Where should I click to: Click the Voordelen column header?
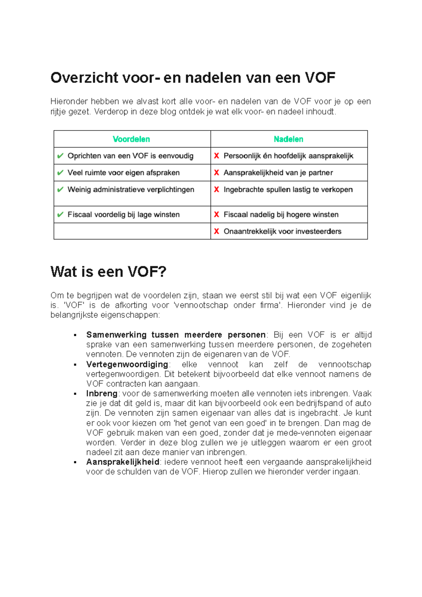point(131,139)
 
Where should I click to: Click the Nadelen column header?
point(288,139)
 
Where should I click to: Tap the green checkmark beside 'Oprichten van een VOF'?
point(60,156)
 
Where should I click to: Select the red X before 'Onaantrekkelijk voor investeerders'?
point(217,231)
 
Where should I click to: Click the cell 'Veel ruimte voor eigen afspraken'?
point(123,173)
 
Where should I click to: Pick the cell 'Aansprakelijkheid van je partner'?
point(278,173)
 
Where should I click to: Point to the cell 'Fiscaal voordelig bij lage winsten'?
point(123,214)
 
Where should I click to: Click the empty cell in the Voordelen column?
point(132,231)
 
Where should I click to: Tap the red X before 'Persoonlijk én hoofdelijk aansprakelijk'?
point(217,156)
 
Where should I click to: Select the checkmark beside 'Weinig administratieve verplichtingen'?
point(60,190)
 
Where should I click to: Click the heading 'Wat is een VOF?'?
point(108,272)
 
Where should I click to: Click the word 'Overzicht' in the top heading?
point(84,78)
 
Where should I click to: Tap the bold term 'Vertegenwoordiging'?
point(127,364)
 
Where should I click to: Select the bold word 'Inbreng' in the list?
point(102,393)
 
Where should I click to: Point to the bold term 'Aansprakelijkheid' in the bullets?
point(123,462)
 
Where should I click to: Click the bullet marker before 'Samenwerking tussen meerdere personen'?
point(75,335)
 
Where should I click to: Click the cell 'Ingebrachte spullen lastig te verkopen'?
point(288,190)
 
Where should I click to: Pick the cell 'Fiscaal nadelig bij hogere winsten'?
point(281,214)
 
